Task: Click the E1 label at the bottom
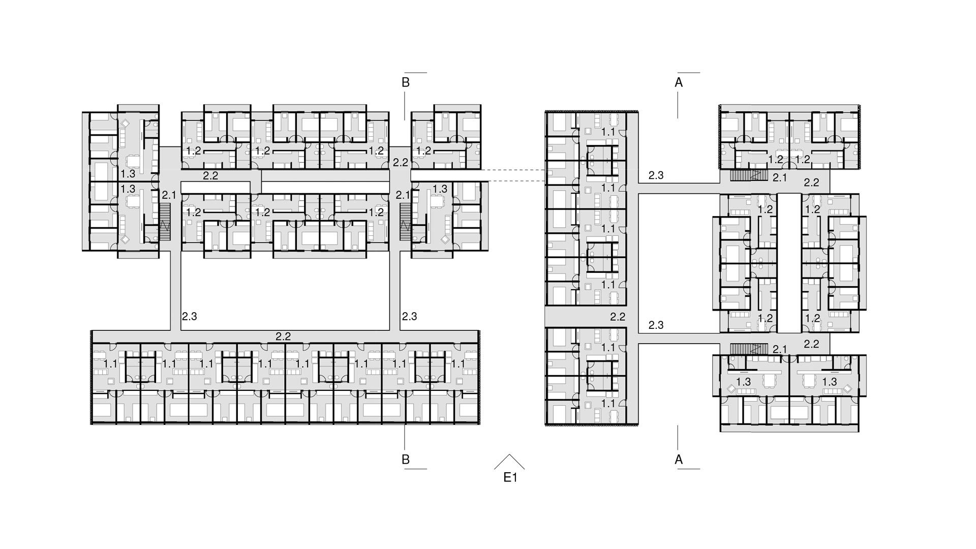pos(510,477)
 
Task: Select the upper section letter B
pos(406,82)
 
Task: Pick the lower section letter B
pos(406,460)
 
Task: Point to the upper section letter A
pos(678,82)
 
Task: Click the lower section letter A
pos(678,460)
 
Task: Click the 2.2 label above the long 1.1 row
pos(283,336)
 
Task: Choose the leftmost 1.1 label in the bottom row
pos(110,364)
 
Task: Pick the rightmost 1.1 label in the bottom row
pos(457,364)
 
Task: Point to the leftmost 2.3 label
pos(189,316)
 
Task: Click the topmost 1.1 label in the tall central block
pos(608,132)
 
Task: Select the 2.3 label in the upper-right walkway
pos(656,175)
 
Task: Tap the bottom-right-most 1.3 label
pos(829,382)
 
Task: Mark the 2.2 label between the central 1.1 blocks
pos(618,317)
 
